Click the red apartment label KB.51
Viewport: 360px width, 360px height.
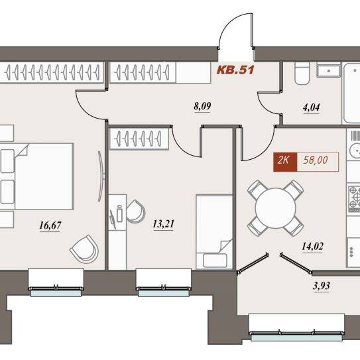point(235,70)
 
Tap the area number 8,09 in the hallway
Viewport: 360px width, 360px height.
point(202,107)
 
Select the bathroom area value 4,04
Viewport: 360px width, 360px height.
point(312,107)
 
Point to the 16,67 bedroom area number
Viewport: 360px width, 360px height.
point(50,225)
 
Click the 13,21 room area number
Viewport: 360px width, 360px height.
point(164,224)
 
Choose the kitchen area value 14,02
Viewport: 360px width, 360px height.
point(312,247)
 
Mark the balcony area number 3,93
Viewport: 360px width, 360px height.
point(321,286)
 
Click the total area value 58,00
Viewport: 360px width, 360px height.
point(316,160)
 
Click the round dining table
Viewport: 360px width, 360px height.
point(275,208)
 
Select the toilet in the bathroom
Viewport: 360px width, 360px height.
point(302,73)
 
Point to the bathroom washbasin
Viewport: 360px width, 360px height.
point(328,70)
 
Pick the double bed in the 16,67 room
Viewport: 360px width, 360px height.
point(36,176)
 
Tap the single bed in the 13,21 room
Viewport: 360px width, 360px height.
point(214,231)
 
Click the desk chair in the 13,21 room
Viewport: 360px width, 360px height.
point(135,211)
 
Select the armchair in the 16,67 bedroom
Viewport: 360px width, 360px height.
point(84,249)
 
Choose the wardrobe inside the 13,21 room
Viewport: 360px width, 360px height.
point(139,139)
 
